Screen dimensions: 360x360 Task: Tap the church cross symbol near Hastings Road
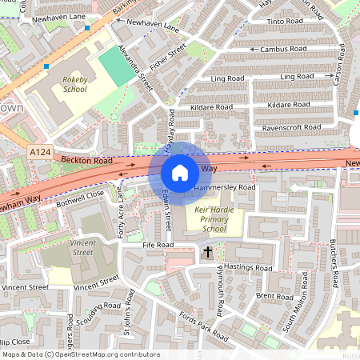(x=207, y=253)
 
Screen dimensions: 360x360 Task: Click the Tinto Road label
(x=286, y=22)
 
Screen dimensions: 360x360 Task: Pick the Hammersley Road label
(x=225, y=187)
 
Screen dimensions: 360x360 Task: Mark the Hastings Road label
(x=249, y=266)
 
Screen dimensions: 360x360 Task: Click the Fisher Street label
(x=169, y=56)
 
